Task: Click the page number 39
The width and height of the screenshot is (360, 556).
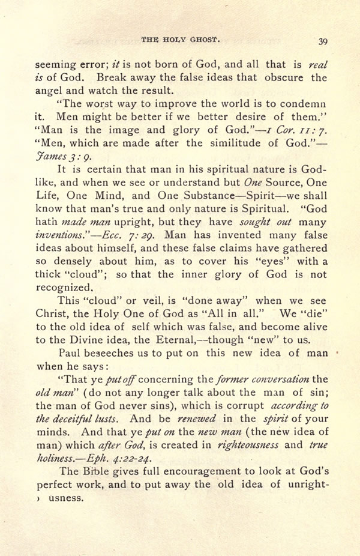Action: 322,41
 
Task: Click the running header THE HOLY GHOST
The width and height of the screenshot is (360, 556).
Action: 181,39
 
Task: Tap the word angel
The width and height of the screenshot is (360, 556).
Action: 49,91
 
